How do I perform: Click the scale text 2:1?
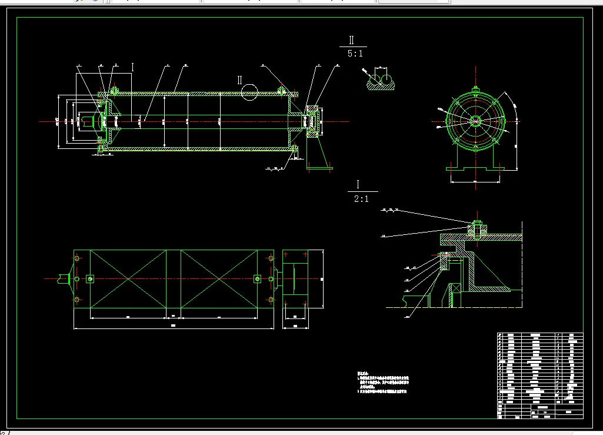click(x=361, y=199)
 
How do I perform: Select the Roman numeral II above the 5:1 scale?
click(x=352, y=40)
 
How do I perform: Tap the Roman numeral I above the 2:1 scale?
click(x=358, y=184)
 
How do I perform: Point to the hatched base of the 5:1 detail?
click(x=380, y=87)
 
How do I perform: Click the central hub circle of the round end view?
click(x=475, y=121)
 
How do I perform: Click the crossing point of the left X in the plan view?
click(x=128, y=279)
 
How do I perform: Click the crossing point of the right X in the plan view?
click(x=219, y=279)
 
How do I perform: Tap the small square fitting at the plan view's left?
click(x=90, y=279)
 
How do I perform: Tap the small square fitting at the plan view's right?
click(x=256, y=279)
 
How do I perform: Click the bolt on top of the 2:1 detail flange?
click(x=477, y=226)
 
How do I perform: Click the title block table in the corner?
click(x=540, y=376)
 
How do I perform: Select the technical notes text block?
click(x=382, y=382)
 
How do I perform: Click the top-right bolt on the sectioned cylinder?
click(x=282, y=91)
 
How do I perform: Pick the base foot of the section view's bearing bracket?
click(x=319, y=168)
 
